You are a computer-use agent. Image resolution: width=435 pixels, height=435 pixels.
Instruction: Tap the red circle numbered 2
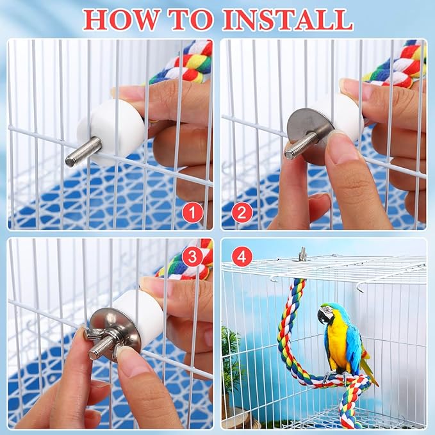click(x=242, y=212)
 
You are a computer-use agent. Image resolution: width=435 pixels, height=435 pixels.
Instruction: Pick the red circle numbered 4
click(x=242, y=258)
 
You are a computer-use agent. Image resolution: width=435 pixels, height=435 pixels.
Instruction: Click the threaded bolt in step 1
click(x=83, y=152)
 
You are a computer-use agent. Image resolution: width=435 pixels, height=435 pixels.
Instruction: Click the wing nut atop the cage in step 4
click(x=303, y=254)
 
